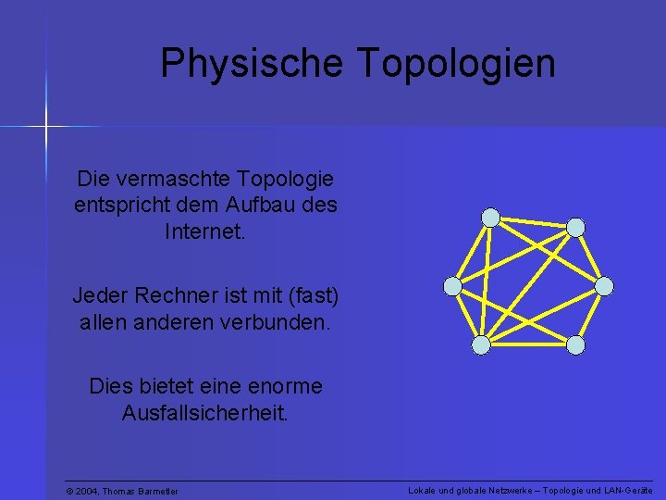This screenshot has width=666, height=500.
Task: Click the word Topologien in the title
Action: tap(455, 64)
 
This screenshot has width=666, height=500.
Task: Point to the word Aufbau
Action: tap(264, 204)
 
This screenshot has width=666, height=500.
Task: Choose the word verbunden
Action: tap(283, 324)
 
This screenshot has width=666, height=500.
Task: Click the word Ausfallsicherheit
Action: tap(205, 412)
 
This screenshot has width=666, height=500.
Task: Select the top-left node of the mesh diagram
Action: tap(491, 218)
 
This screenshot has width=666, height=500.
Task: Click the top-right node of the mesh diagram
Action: tap(575, 227)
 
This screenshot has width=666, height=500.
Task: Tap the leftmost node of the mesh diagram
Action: tap(452, 286)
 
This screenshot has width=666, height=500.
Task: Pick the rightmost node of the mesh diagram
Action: tap(604, 286)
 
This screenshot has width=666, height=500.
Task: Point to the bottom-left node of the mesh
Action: tap(481, 345)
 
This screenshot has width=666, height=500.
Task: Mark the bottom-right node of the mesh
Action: tap(575, 345)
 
